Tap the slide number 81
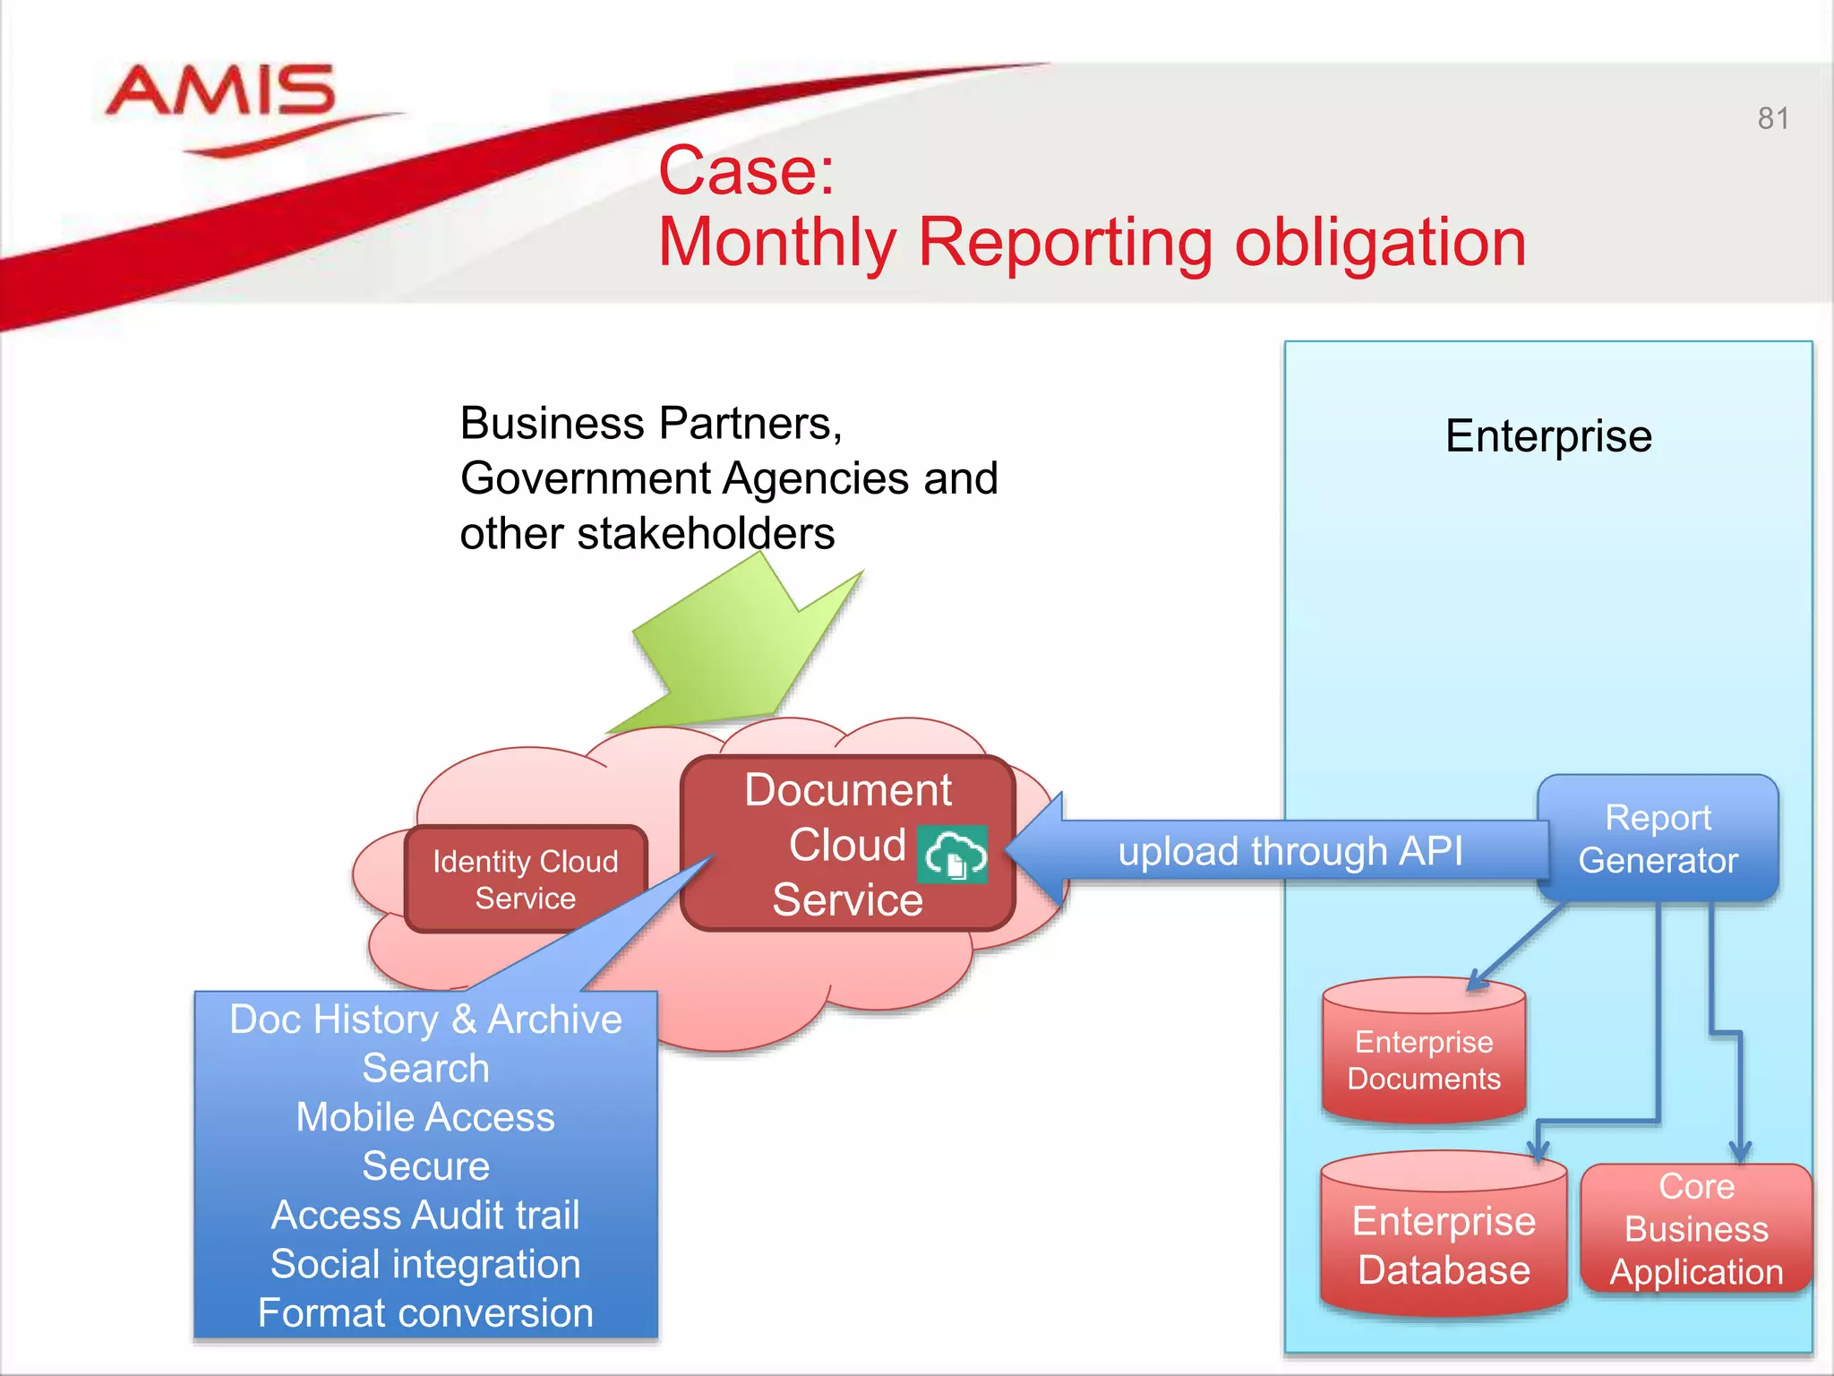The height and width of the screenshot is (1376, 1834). pyautogui.click(x=1772, y=118)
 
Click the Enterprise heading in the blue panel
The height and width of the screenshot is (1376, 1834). pyautogui.click(x=1548, y=436)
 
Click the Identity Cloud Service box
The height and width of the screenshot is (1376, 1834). pyautogui.click(x=526, y=879)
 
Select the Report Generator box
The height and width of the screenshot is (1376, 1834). pyautogui.click(x=1658, y=838)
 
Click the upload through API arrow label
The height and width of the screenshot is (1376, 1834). pyautogui.click(x=1290, y=850)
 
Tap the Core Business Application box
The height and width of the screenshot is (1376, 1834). pyautogui.click(x=1696, y=1229)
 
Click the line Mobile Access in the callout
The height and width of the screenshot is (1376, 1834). pyautogui.click(x=425, y=1117)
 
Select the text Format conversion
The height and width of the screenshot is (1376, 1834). pyautogui.click(x=425, y=1313)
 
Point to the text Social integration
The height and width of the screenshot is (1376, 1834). pyautogui.click(x=425, y=1264)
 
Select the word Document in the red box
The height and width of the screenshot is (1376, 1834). pyautogui.click(x=847, y=790)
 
